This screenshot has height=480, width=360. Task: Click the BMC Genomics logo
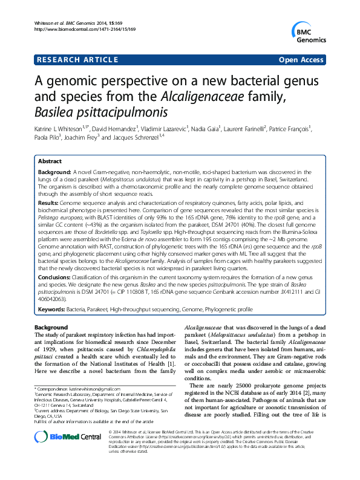click(x=309, y=30)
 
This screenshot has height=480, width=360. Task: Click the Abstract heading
click(x=50, y=162)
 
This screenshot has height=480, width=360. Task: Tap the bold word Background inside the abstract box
click(x=54, y=172)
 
